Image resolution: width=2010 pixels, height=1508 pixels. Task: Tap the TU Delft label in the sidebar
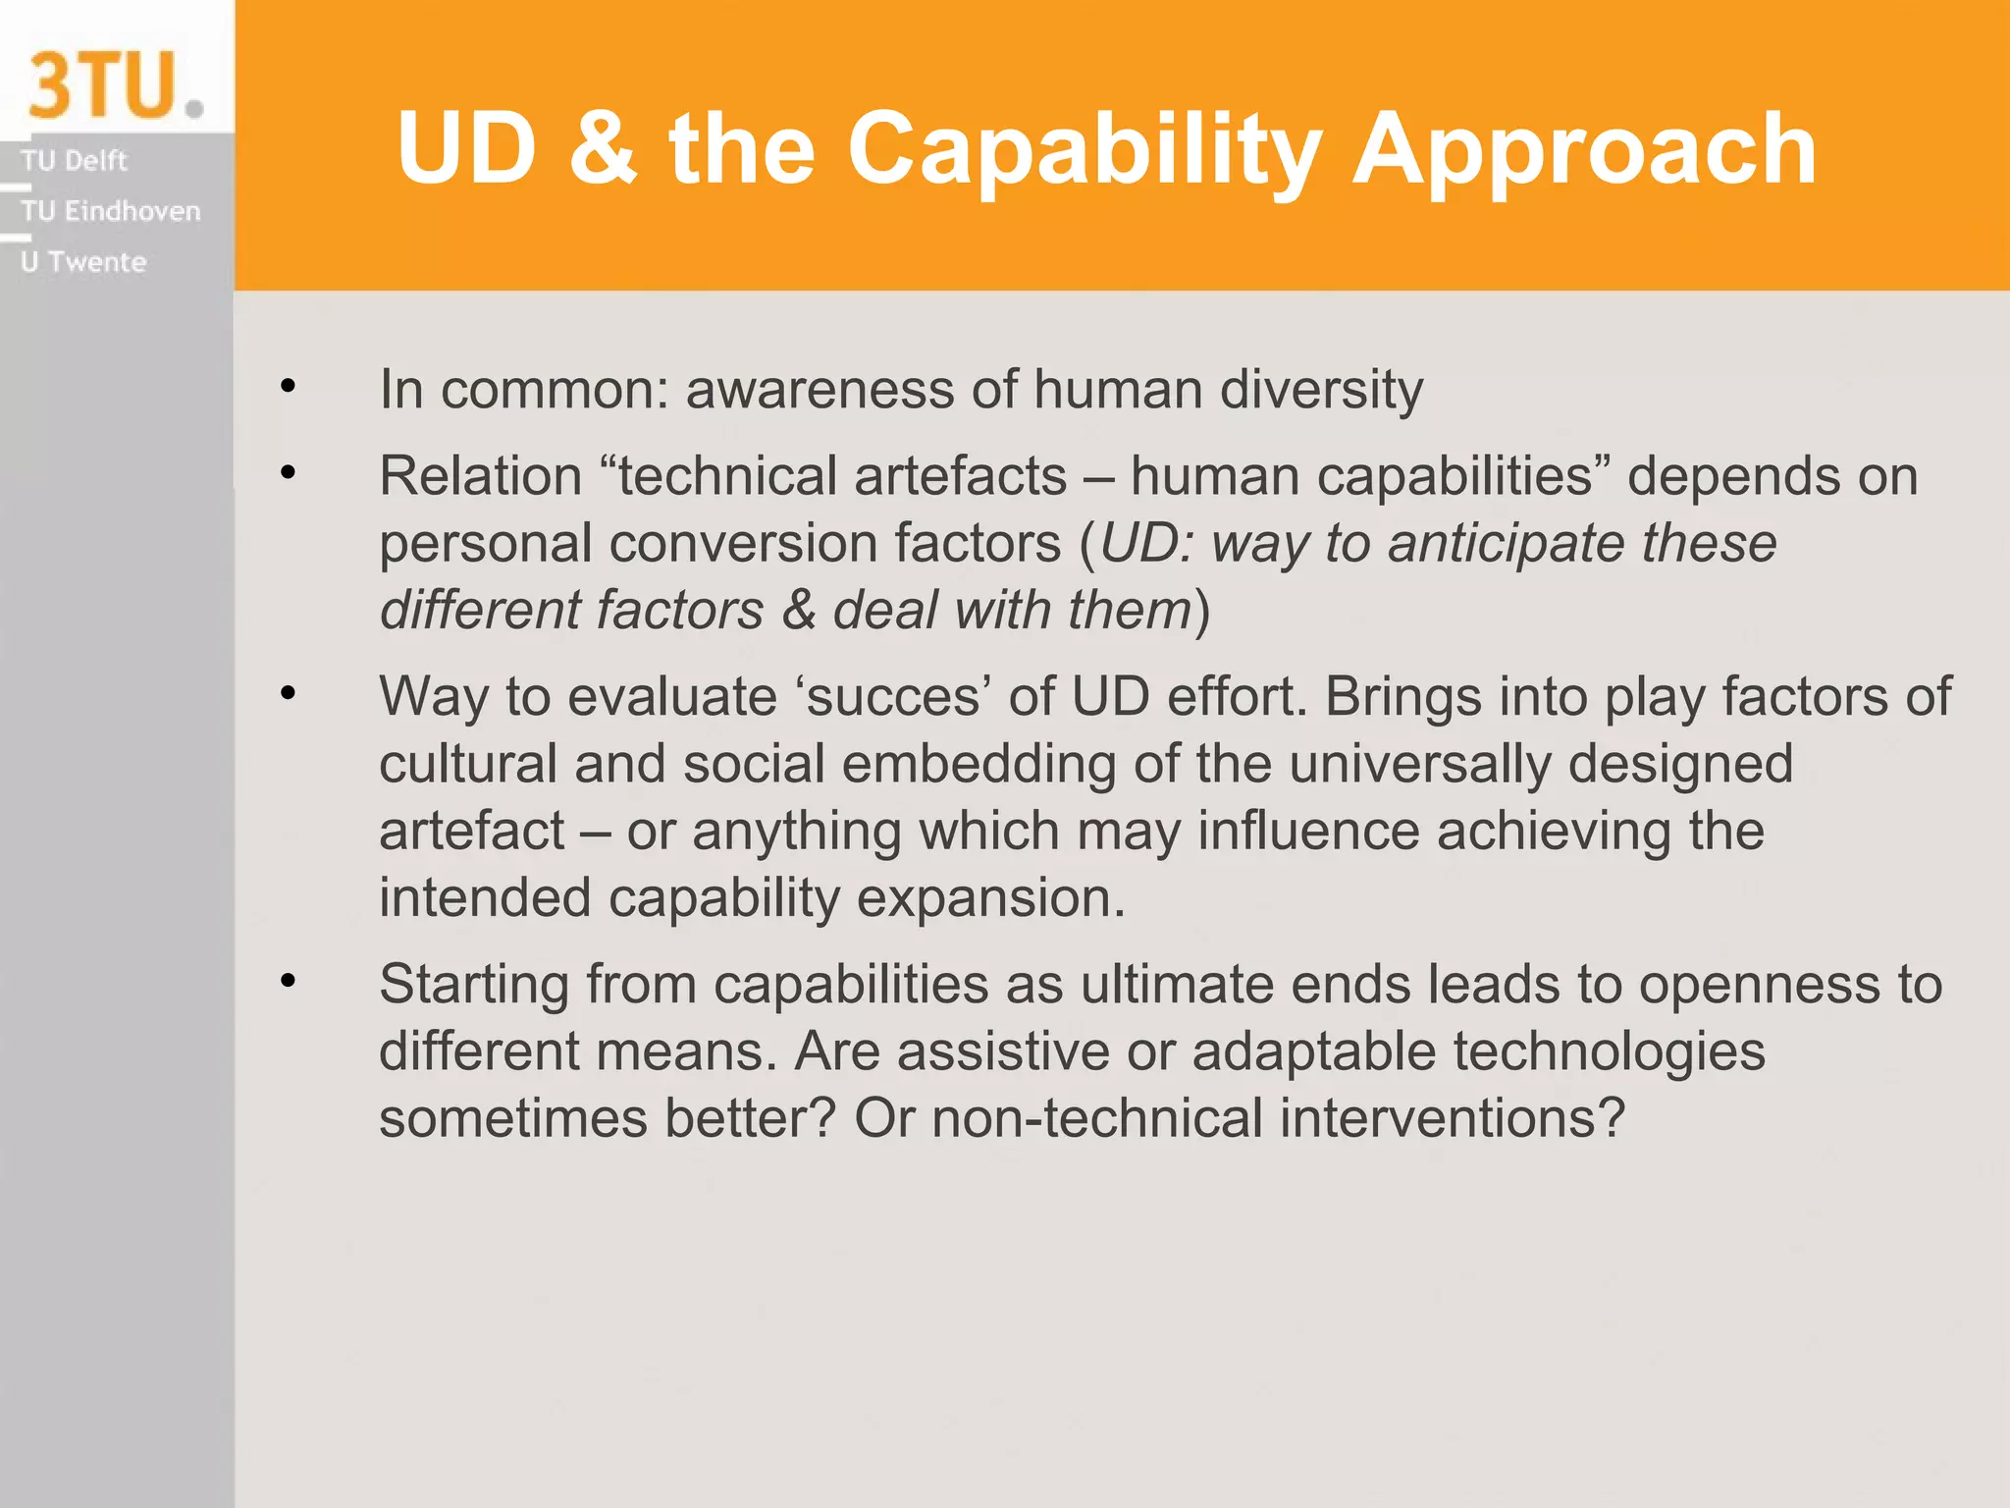[x=75, y=160]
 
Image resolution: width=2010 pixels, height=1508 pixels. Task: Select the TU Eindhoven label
[x=110, y=211]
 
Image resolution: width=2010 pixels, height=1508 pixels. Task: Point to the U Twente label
[x=83, y=262]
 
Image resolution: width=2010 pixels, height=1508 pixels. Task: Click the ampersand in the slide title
[x=603, y=148]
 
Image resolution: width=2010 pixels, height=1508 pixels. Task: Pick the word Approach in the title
[x=1584, y=150]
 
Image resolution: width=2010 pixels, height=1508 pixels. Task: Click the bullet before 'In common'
[x=288, y=386]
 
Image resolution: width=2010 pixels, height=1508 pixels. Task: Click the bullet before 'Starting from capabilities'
[x=288, y=981]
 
